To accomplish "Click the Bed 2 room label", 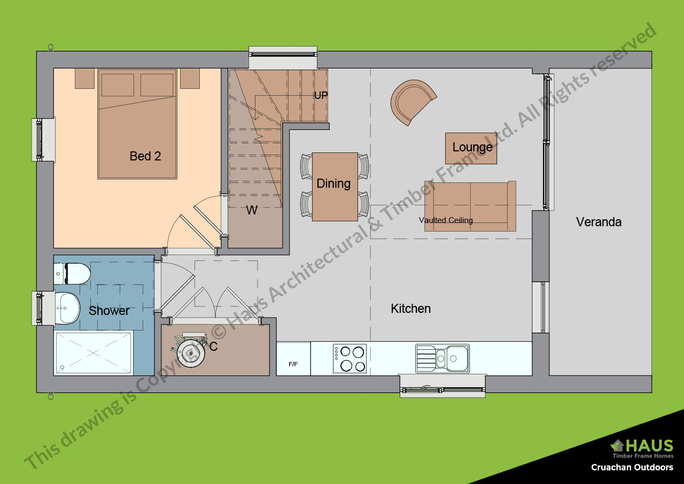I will tap(145, 156).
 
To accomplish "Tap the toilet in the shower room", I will tap(73, 274).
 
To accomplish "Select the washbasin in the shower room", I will tap(68, 308).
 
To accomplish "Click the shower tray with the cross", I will tap(94, 353).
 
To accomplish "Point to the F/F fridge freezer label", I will tap(293, 364).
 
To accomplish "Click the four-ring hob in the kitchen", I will tap(349, 358).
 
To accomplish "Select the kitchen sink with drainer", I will tap(442, 358).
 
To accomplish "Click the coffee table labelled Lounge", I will tap(471, 148).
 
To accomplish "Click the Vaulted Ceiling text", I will tap(446, 220).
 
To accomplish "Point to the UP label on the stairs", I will tap(321, 96).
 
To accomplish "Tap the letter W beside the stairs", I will tap(252, 211).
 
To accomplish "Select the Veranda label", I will tap(598, 222).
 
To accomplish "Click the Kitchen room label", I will tap(410, 309).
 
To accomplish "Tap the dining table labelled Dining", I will tap(335, 186).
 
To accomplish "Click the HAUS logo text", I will tap(649, 445).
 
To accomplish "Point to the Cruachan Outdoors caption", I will tap(632, 467).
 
